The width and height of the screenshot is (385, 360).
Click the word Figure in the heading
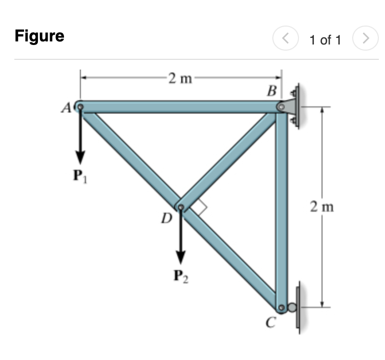pyautogui.click(x=39, y=36)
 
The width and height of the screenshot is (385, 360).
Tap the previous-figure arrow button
pyautogui.click(x=286, y=38)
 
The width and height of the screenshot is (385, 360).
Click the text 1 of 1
pyautogui.click(x=325, y=40)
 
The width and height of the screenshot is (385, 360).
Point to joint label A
pyautogui.click(x=66, y=108)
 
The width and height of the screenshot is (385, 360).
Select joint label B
pyautogui.click(x=272, y=91)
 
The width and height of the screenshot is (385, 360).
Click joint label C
pyautogui.click(x=271, y=322)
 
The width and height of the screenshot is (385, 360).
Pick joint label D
pyautogui.click(x=167, y=218)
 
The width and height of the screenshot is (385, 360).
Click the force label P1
pyautogui.click(x=80, y=176)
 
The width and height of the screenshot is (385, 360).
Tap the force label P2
pyautogui.click(x=181, y=276)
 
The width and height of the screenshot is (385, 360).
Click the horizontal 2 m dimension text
pyautogui.click(x=180, y=78)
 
